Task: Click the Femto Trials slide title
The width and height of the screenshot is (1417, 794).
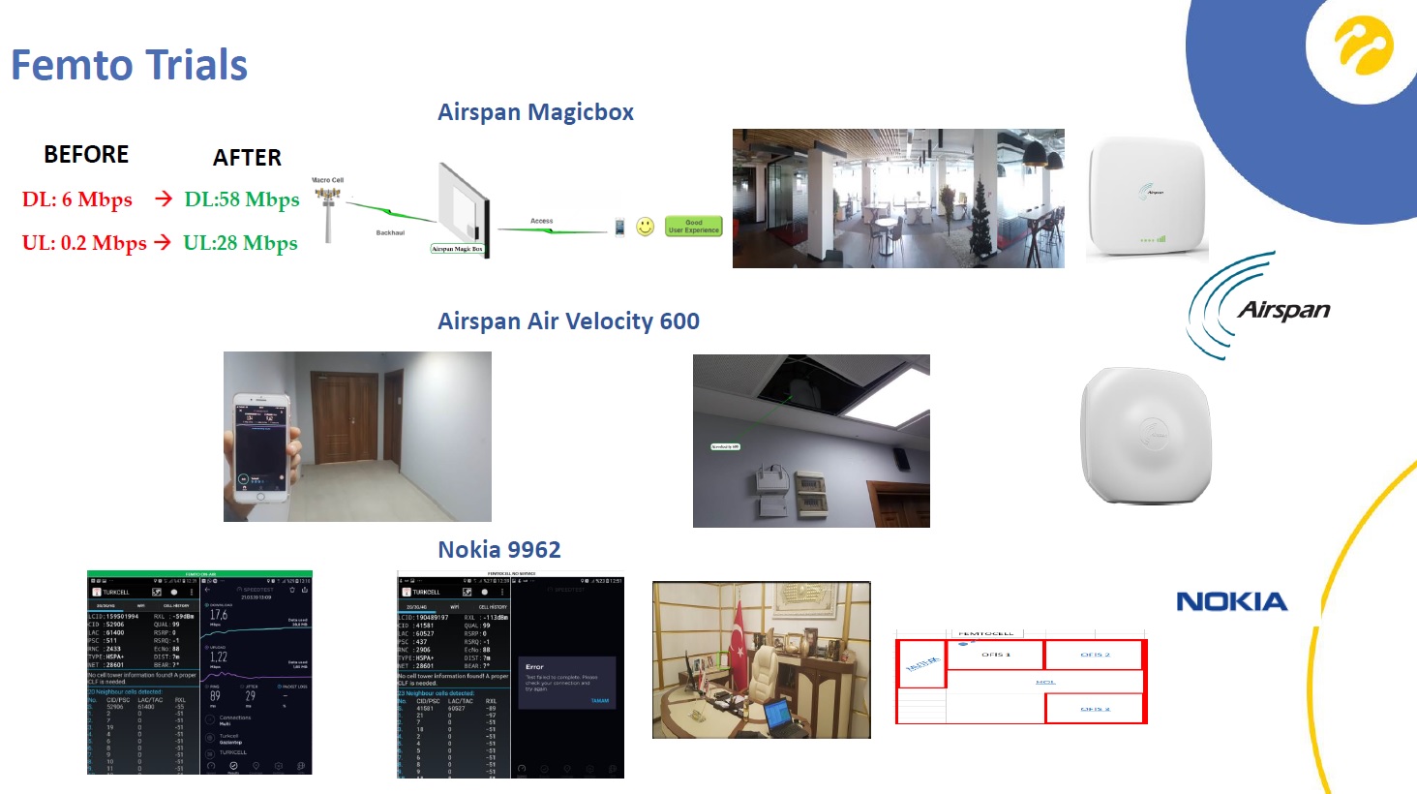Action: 129,66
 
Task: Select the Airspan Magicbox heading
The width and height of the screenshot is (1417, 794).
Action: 535,112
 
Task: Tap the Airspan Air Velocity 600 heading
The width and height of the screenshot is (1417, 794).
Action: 568,321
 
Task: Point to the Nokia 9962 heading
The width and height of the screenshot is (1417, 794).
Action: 499,550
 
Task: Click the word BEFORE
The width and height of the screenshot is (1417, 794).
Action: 86,155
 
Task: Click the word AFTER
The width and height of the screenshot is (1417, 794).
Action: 247,158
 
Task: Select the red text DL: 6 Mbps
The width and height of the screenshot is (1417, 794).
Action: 77,199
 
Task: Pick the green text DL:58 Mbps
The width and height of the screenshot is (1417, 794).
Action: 242,199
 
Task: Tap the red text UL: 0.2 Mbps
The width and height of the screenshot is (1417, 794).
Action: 84,243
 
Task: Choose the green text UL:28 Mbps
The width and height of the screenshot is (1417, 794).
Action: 240,243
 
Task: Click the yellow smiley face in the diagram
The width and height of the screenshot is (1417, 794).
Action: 645,227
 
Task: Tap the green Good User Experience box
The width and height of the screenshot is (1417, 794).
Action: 694,227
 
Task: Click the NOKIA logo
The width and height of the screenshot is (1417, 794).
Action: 1231,601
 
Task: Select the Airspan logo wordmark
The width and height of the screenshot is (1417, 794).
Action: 1283,310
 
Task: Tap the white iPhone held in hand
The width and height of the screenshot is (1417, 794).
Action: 259,447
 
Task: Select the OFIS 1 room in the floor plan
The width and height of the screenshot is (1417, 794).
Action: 995,656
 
